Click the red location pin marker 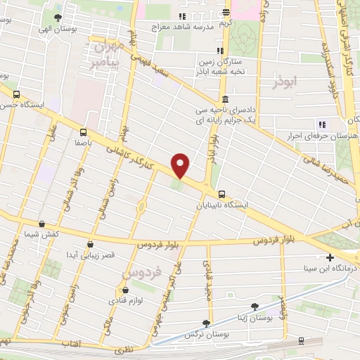click(181, 165)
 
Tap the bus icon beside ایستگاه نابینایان click(222, 194)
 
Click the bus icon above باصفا click(84, 131)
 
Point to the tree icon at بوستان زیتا click(254, 307)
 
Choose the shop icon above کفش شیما click(41, 224)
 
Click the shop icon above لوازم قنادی click(125, 290)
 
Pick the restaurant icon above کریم click(226, 12)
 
